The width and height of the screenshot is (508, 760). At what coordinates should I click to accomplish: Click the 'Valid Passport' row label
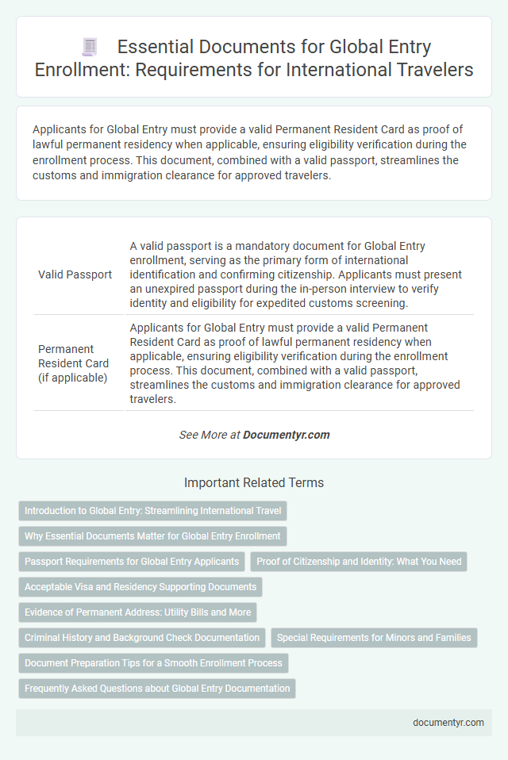click(x=75, y=274)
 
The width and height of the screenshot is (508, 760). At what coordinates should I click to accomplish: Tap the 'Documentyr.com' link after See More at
click(x=286, y=435)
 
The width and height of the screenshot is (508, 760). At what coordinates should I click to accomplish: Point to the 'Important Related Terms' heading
click(x=254, y=482)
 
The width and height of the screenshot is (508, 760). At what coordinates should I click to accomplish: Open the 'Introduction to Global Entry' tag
click(x=152, y=511)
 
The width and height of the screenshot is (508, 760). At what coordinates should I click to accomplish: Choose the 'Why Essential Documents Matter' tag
click(x=152, y=536)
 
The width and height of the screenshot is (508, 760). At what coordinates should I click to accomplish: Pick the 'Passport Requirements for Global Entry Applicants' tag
click(x=132, y=562)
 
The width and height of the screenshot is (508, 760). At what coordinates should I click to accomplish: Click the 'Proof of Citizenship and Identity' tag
click(x=360, y=562)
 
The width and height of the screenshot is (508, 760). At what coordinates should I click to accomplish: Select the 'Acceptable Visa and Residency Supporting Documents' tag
click(x=140, y=587)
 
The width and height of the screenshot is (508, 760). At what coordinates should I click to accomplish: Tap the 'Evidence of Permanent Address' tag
click(x=137, y=612)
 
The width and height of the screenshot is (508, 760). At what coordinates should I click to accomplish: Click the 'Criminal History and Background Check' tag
click(x=142, y=638)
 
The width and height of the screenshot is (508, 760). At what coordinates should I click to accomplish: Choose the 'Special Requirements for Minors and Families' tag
click(x=374, y=638)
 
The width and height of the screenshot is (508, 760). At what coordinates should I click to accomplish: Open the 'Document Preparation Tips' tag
click(x=152, y=663)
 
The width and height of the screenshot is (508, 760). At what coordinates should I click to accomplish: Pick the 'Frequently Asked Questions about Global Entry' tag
click(x=157, y=689)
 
